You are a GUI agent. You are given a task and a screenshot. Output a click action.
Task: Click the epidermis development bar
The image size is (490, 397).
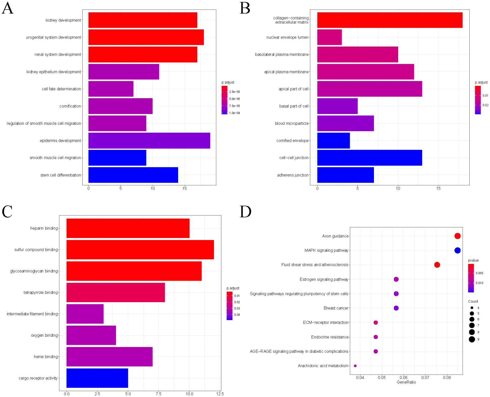point(149,140)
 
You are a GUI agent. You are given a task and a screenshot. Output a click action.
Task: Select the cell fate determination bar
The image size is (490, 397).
point(111,89)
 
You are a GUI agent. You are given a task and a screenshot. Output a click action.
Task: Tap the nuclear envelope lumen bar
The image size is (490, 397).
point(329,37)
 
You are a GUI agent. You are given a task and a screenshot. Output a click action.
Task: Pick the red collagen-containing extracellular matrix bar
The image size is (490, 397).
point(390,20)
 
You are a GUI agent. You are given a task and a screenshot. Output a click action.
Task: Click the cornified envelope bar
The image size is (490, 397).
point(333,140)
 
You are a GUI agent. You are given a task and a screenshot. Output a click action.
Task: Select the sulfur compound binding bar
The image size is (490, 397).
point(140,249)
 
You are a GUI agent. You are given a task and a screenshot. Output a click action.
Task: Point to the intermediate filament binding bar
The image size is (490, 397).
point(85,314)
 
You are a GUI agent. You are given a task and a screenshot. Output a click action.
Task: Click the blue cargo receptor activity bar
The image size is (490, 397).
point(97,378)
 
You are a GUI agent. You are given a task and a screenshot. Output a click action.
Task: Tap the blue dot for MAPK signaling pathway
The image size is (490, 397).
point(457,250)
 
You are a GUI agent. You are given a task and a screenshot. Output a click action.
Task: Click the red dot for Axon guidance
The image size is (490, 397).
point(457,236)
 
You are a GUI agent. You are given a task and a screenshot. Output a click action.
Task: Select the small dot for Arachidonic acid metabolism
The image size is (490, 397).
point(355,366)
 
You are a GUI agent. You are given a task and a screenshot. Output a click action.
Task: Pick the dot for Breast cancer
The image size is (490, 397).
point(396,308)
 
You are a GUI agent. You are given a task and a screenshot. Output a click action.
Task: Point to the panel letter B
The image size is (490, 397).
point(245,8)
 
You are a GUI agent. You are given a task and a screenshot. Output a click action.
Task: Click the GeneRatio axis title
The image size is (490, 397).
point(406,382)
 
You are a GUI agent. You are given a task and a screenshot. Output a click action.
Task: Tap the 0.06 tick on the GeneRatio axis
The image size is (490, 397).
point(403,378)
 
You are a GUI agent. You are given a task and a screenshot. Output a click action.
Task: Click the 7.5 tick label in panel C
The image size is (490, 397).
point(158,394)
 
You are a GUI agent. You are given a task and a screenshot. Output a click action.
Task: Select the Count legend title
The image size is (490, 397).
point(473,301)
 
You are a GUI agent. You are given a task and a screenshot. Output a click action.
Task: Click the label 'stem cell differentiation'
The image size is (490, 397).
point(61,175)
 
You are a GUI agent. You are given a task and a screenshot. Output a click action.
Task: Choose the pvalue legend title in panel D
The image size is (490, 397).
point(473,260)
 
